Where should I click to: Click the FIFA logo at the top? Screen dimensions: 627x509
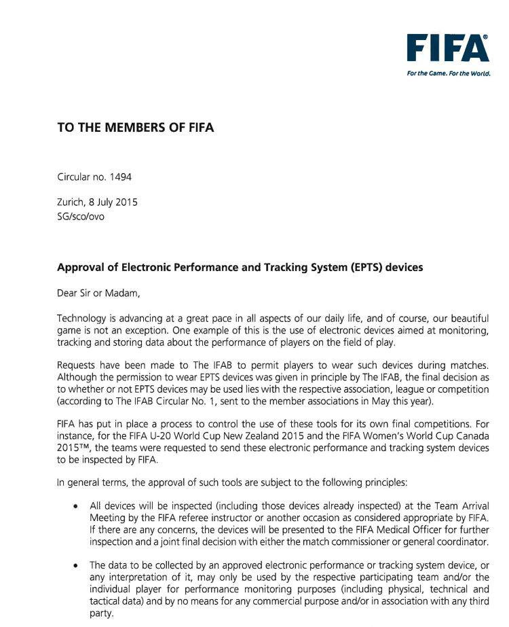448,48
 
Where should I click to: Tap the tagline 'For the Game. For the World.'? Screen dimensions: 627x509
448,73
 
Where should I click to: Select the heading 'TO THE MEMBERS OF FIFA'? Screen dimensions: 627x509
136,127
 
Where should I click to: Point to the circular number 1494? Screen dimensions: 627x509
120,177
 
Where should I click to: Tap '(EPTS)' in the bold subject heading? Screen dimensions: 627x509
365,268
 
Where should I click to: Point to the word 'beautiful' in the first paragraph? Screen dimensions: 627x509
468,319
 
